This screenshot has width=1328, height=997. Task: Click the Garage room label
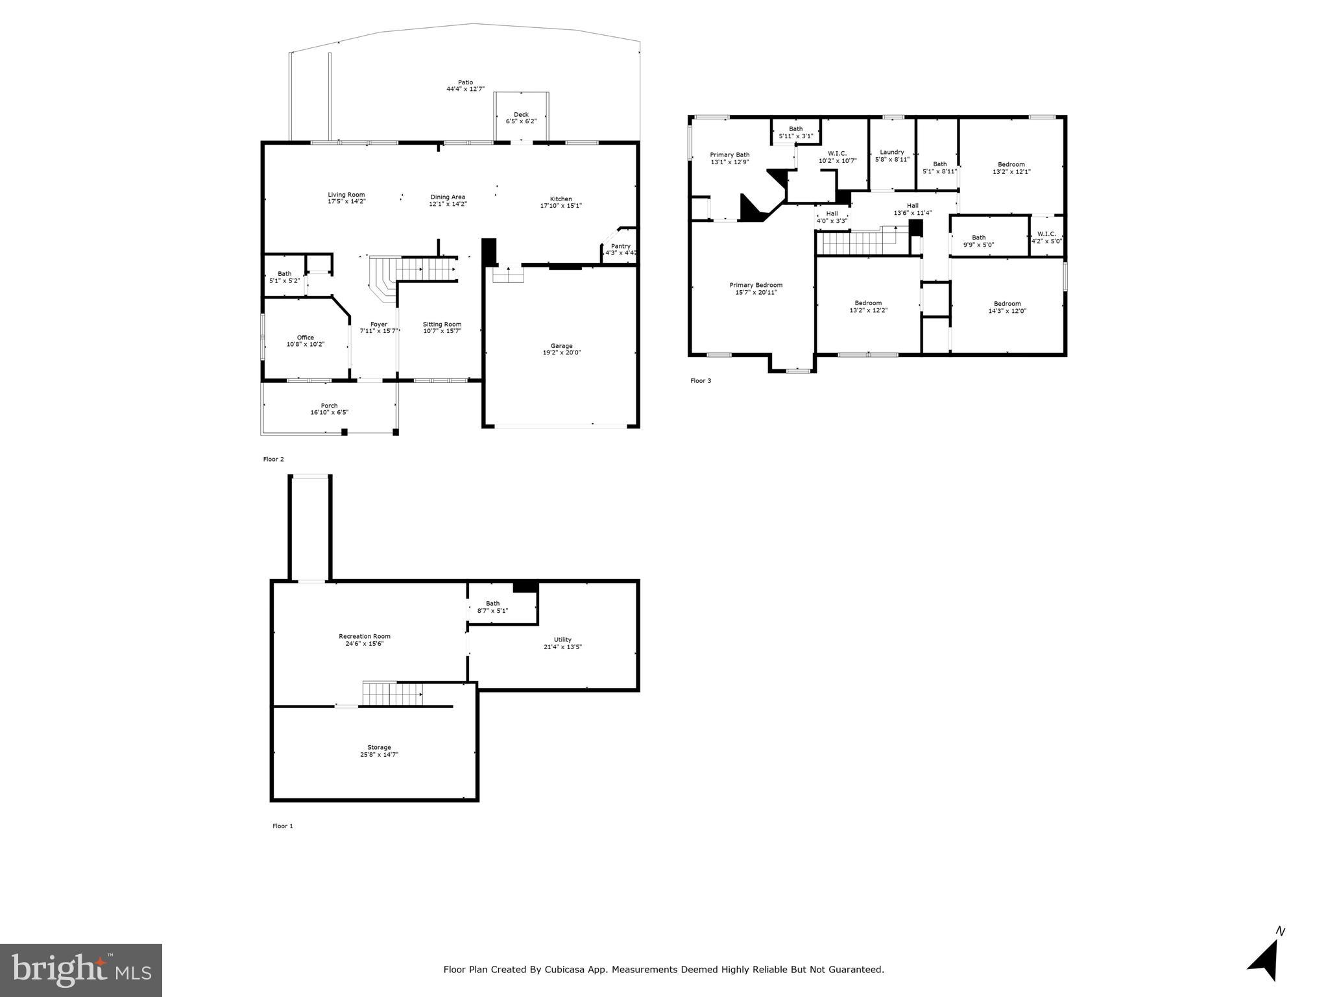coord(561,346)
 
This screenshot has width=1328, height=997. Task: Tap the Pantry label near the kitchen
coord(620,246)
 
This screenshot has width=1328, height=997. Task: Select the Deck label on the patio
coord(521,115)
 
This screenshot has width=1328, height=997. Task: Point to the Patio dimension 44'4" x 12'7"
coord(465,89)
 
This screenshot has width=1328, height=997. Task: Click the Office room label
coord(305,338)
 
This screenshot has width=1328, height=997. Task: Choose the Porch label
coord(329,406)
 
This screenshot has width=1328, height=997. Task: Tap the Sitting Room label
coord(442,325)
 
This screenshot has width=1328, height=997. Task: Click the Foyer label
coord(378,325)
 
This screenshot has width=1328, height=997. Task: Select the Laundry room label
coord(891,153)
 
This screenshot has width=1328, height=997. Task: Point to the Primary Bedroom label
coord(755,285)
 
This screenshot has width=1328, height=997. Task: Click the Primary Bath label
coord(729,155)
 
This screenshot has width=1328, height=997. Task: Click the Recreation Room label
coord(364,636)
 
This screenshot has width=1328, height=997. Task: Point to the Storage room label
coord(379,747)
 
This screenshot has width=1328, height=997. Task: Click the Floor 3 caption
coord(700,381)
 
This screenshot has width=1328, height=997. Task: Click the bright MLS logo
coord(80,970)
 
